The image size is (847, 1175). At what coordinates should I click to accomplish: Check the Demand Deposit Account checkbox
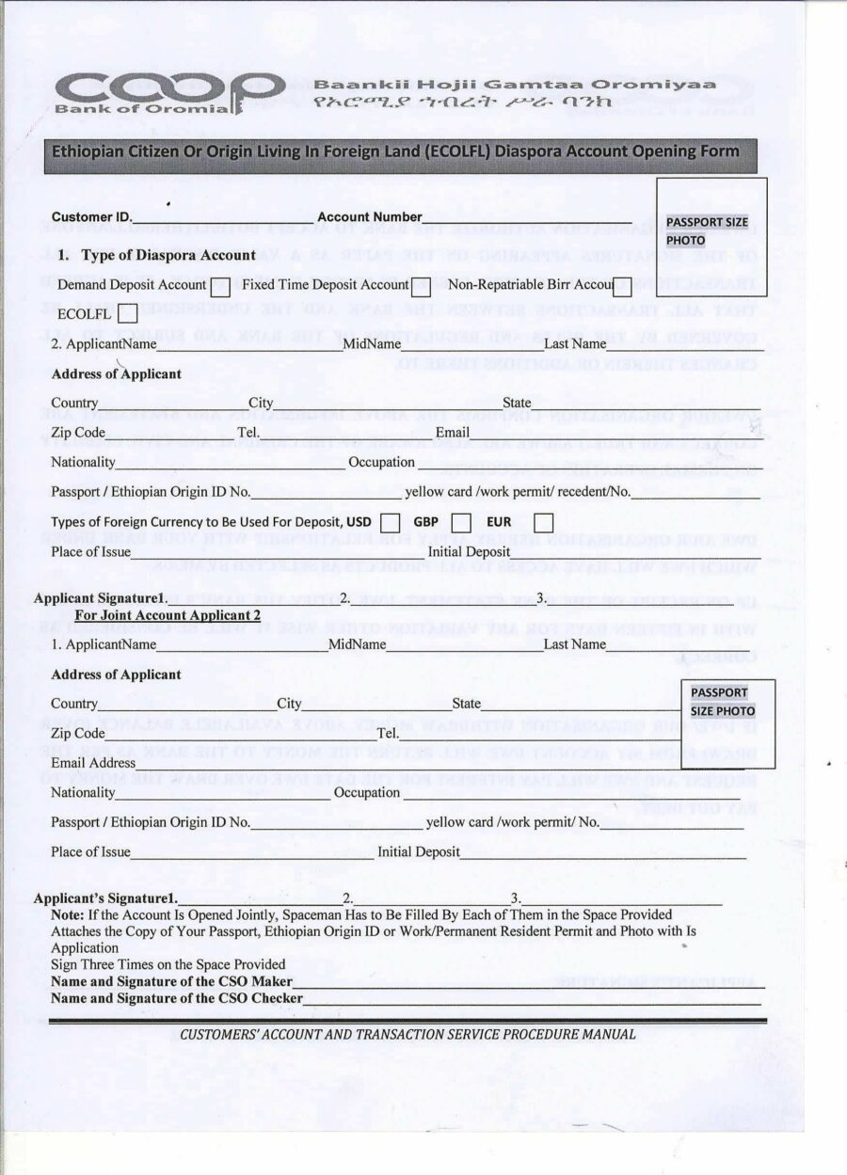pyautogui.click(x=220, y=287)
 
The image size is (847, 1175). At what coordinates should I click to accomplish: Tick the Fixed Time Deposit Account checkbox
pyautogui.click(x=422, y=287)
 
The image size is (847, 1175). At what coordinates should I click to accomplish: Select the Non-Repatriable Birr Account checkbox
pyautogui.click(x=622, y=287)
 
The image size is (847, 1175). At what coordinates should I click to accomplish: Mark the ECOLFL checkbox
pyautogui.click(x=127, y=312)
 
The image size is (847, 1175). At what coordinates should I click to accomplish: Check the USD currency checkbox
pyautogui.click(x=391, y=522)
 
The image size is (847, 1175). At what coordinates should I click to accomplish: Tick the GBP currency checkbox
pyautogui.click(x=461, y=522)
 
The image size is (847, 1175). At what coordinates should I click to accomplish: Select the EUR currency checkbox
pyautogui.click(x=543, y=522)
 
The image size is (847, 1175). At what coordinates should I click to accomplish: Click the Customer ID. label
pyautogui.click(x=92, y=217)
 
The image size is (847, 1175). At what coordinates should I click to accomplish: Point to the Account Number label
pyautogui.click(x=370, y=217)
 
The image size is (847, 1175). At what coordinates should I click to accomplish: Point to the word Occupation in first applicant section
pyautogui.click(x=381, y=462)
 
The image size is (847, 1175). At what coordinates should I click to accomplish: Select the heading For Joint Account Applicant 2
pyautogui.click(x=168, y=615)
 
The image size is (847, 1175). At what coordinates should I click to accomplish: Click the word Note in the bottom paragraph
pyautogui.click(x=67, y=914)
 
